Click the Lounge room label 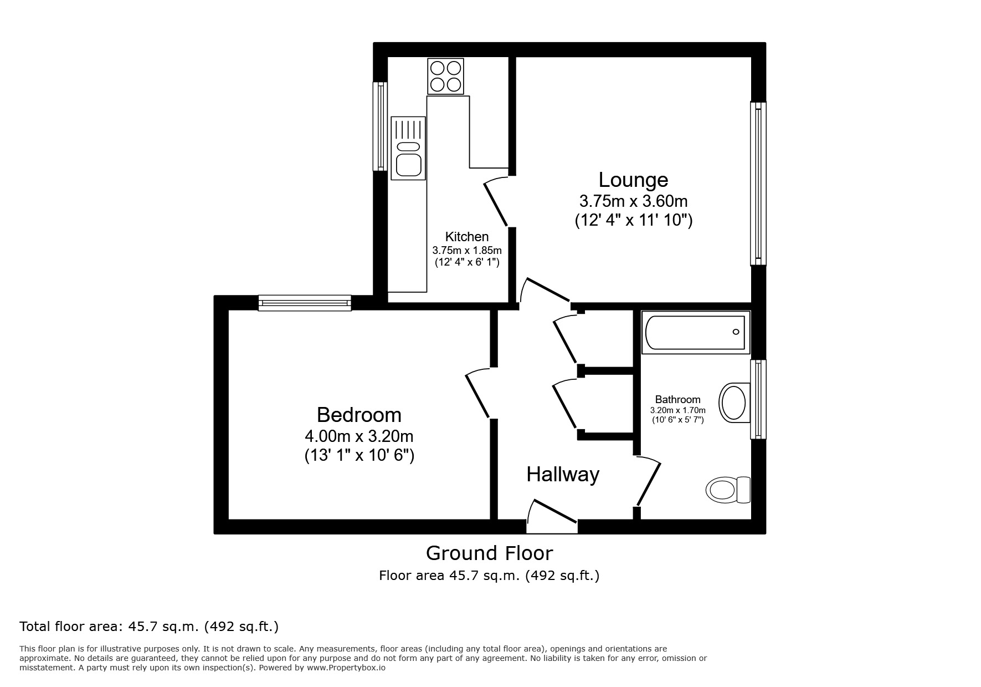point(633,180)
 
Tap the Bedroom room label point(359,415)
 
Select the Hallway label point(562,475)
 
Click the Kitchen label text point(467,237)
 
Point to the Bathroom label point(677,399)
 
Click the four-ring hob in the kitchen point(445,76)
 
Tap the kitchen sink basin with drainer point(408,148)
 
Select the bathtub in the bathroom point(696,332)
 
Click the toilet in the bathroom point(728,490)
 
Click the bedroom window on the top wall point(305,303)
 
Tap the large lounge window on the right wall point(758,183)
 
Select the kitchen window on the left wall point(380,126)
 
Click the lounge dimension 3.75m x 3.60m point(633,200)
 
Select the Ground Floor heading point(489,553)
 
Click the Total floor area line point(149,627)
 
